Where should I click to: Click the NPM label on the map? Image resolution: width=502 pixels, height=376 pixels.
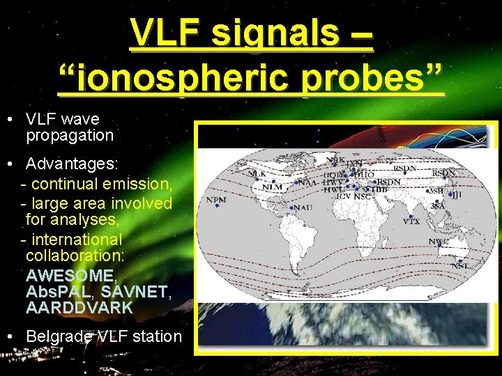coord(216,201)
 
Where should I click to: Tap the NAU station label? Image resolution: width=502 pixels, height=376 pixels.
coord(303,207)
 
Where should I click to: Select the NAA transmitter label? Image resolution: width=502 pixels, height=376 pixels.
coord(306,182)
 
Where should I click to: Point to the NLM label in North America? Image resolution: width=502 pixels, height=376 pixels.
coord(272,187)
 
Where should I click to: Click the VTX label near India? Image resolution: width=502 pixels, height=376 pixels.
coord(411,221)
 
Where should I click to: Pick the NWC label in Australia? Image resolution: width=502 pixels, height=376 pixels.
coord(438,242)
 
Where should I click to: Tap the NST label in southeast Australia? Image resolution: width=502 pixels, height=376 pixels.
coord(459,266)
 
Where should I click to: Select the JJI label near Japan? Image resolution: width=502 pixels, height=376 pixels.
coord(457,196)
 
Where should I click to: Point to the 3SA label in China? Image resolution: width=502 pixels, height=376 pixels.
coord(437,206)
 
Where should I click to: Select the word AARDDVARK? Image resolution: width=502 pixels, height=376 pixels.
coord(79,307)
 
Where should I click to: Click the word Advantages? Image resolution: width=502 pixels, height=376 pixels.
coord(71,164)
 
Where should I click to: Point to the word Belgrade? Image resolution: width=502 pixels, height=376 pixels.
coord(59,336)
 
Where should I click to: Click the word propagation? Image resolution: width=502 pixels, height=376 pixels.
coord(69,135)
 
